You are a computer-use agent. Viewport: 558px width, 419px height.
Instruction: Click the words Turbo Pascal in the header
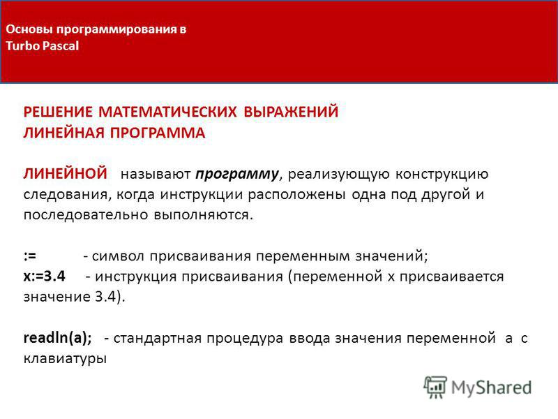tap(42, 46)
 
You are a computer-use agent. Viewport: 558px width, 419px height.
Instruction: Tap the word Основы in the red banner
tap(29, 29)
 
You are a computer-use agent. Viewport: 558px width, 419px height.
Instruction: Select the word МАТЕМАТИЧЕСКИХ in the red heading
tap(167, 112)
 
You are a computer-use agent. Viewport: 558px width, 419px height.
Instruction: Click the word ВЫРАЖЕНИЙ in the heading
tap(291, 112)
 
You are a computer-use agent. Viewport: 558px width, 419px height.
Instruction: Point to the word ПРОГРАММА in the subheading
tap(158, 133)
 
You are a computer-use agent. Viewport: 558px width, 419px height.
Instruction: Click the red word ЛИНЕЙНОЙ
tap(65, 173)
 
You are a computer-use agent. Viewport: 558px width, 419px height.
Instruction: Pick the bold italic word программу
tap(237, 175)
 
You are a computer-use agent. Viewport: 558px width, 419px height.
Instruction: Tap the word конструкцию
tap(442, 175)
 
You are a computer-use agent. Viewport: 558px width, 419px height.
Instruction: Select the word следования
tap(65, 195)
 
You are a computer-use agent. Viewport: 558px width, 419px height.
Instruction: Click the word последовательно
tap(86, 215)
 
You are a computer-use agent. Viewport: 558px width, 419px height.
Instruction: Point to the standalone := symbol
tap(30, 256)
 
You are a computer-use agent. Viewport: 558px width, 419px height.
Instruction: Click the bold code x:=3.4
tap(45, 276)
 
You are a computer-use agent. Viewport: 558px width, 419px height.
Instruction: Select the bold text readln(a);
tap(58, 338)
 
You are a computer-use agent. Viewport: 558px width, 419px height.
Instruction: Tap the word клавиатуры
tap(65, 358)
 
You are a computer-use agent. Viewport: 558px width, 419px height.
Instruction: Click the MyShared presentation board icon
tap(435, 387)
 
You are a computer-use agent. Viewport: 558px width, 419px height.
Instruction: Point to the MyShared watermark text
tap(491, 388)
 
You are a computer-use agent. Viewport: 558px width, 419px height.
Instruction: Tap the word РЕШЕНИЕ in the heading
tap(58, 112)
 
